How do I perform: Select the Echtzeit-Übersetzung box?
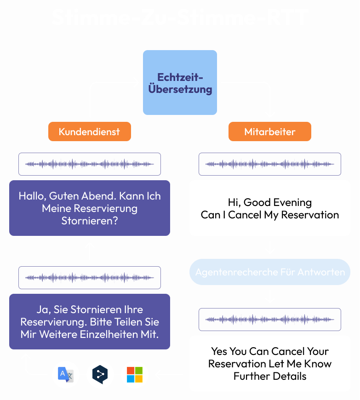pos(180,83)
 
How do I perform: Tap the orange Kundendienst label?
pos(89,132)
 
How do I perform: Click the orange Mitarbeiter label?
pos(270,132)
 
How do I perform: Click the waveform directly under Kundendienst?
pos(90,164)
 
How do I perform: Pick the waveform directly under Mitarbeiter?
pos(270,164)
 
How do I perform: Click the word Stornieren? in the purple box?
pos(89,221)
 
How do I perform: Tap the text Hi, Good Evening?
pos(270,202)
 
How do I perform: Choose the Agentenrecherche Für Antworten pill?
pos(270,272)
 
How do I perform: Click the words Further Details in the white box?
pos(270,376)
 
